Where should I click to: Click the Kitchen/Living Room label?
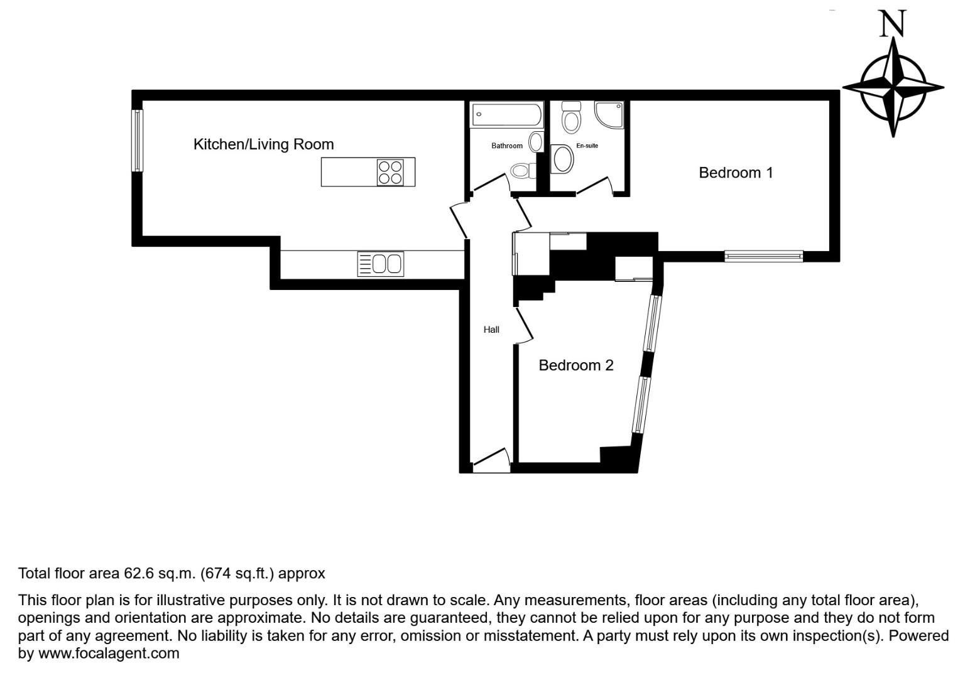tap(263, 144)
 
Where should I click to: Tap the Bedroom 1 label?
tap(736, 173)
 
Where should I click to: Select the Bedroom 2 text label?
tap(575, 365)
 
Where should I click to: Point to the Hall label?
tap(491, 330)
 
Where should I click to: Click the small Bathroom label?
tap(506, 146)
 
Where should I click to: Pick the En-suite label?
tap(587, 146)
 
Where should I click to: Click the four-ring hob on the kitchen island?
tap(390, 172)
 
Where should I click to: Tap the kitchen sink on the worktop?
tap(381, 264)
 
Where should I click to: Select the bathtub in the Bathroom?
tap(506, 115)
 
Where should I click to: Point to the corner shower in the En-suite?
tap(609, 114)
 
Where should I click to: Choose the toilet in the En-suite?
tap(570, 117)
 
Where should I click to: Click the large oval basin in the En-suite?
tap(562, 159)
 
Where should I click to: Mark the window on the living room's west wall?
tap(136, 141)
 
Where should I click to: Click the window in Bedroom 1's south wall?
tap(763, 256)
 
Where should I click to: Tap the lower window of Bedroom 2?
tap(640, 405)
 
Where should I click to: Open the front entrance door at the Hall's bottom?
tap(491, 461)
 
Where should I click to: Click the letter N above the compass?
tap(892, 24)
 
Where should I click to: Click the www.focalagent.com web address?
tap(109, 654)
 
